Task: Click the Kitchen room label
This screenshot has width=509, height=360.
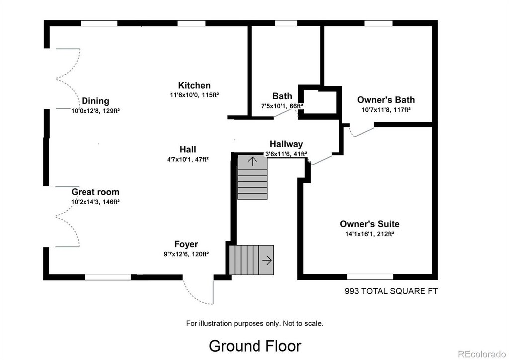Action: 194,85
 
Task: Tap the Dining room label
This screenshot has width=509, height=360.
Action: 95,101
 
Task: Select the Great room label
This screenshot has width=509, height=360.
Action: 95,192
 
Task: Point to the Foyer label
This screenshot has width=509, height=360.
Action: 186,244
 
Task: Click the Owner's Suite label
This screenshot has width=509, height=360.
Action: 370,224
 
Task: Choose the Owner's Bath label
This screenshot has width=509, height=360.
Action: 386,99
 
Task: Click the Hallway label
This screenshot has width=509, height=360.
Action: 286,144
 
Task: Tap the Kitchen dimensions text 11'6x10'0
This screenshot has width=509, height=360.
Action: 183,95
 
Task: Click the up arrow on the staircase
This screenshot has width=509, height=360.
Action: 253,161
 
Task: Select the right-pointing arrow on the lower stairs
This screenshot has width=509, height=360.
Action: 267,260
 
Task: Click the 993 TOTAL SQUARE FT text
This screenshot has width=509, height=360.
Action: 391,291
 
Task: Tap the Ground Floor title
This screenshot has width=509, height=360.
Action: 255,346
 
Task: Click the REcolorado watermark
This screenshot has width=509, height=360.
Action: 482,353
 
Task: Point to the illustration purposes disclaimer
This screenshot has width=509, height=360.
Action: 254,323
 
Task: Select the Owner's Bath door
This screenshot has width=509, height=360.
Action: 362,131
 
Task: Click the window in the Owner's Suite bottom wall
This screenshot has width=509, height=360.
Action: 370,277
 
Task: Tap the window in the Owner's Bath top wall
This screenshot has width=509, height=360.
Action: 378,23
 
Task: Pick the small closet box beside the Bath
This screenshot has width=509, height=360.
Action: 320,102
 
